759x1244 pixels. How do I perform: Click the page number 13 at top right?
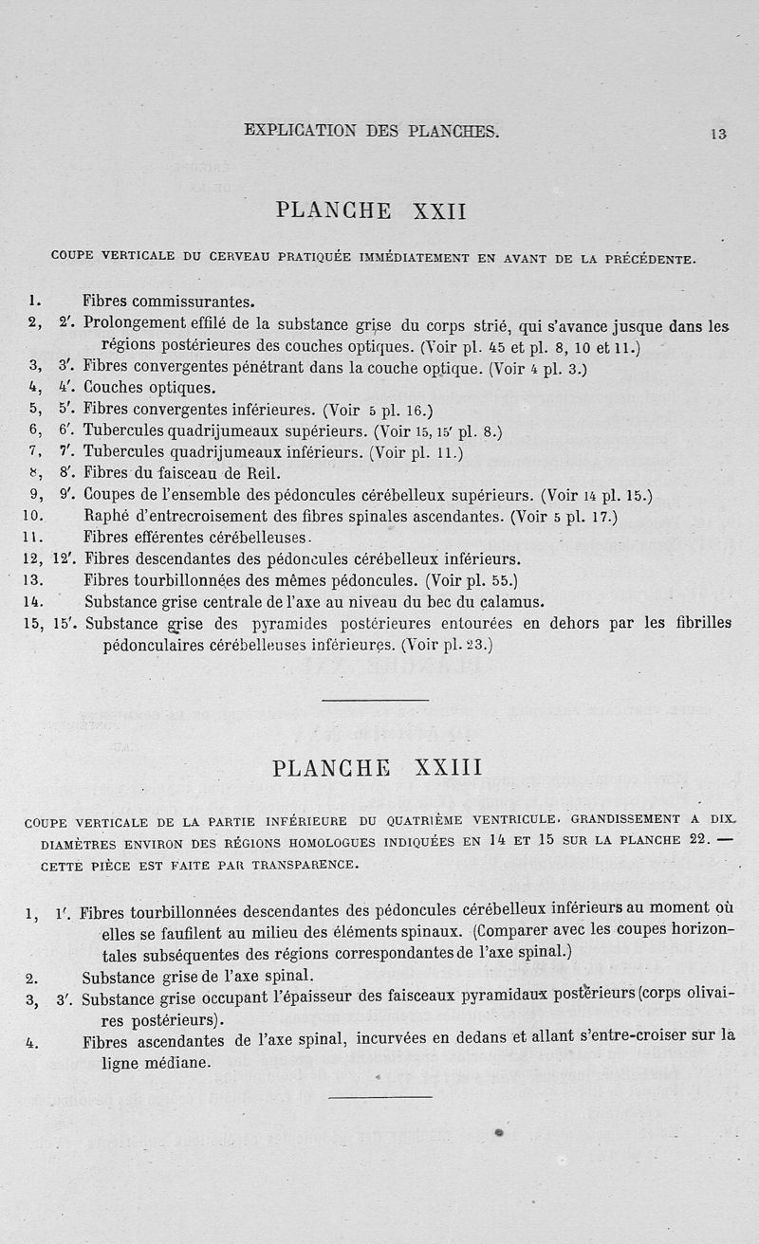click(x=718, y=134)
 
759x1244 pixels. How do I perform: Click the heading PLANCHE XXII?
click(x=371, y=210)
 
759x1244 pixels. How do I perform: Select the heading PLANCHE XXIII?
click(x=377, y=767)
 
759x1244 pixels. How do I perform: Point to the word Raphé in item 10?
click(x=107, y=517)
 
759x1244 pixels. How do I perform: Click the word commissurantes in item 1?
click(x=194, y=302)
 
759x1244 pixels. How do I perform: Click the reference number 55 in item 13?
click(x=503, y=580)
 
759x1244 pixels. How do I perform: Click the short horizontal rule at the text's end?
click(x=379, y=1097)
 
